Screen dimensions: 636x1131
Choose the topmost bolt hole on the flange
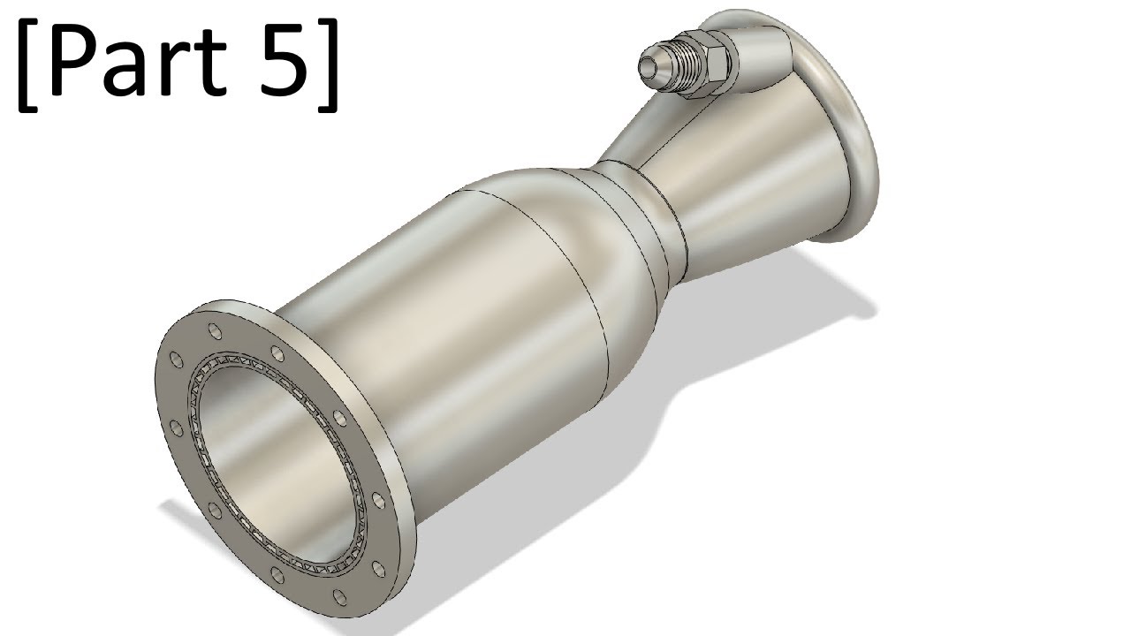pos(213,333)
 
